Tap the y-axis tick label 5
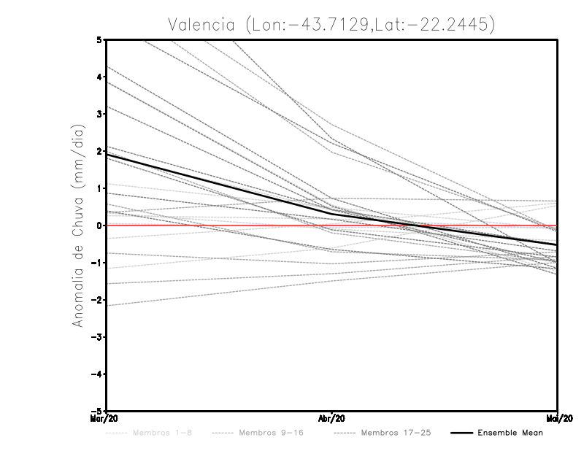99,39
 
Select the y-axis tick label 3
99,114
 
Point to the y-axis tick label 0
99,225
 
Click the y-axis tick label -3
97,337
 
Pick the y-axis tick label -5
97,411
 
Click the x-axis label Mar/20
106,419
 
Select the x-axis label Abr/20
332,419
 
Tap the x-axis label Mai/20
557,419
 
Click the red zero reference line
438,225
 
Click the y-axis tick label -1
97,263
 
